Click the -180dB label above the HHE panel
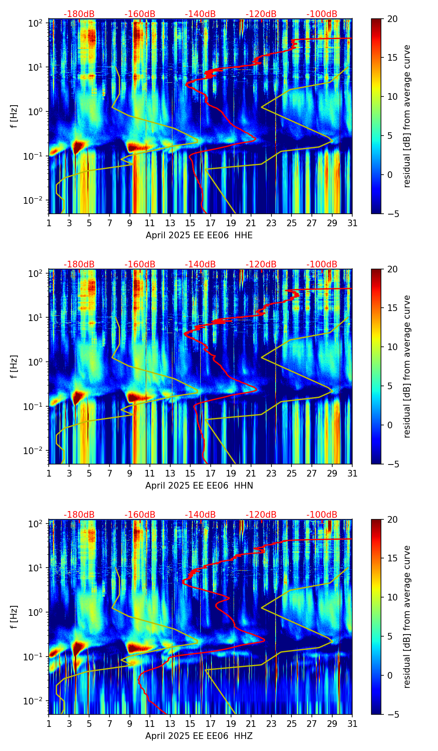(x=79, y=14)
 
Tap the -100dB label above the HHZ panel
(x=322, y=515)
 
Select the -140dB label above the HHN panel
(x=200, y=264)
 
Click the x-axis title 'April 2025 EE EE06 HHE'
(x=199, y=235)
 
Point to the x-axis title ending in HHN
(x=199, y=486)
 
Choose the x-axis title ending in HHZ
(x=199, y=736)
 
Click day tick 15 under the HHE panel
(x=190, y=223)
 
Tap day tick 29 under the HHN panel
(x=332, y=473)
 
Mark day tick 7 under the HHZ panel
(x=109, y=724)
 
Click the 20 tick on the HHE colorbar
(x=392, y=19)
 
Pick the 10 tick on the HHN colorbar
(x=392, y=347)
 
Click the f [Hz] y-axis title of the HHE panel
(x=15, y=116)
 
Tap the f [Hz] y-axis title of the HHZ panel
(x=15, y=617)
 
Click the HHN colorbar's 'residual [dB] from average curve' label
(x=407, y=366)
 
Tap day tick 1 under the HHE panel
(x=49, y=223)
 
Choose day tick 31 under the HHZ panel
(x=352, y=724)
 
